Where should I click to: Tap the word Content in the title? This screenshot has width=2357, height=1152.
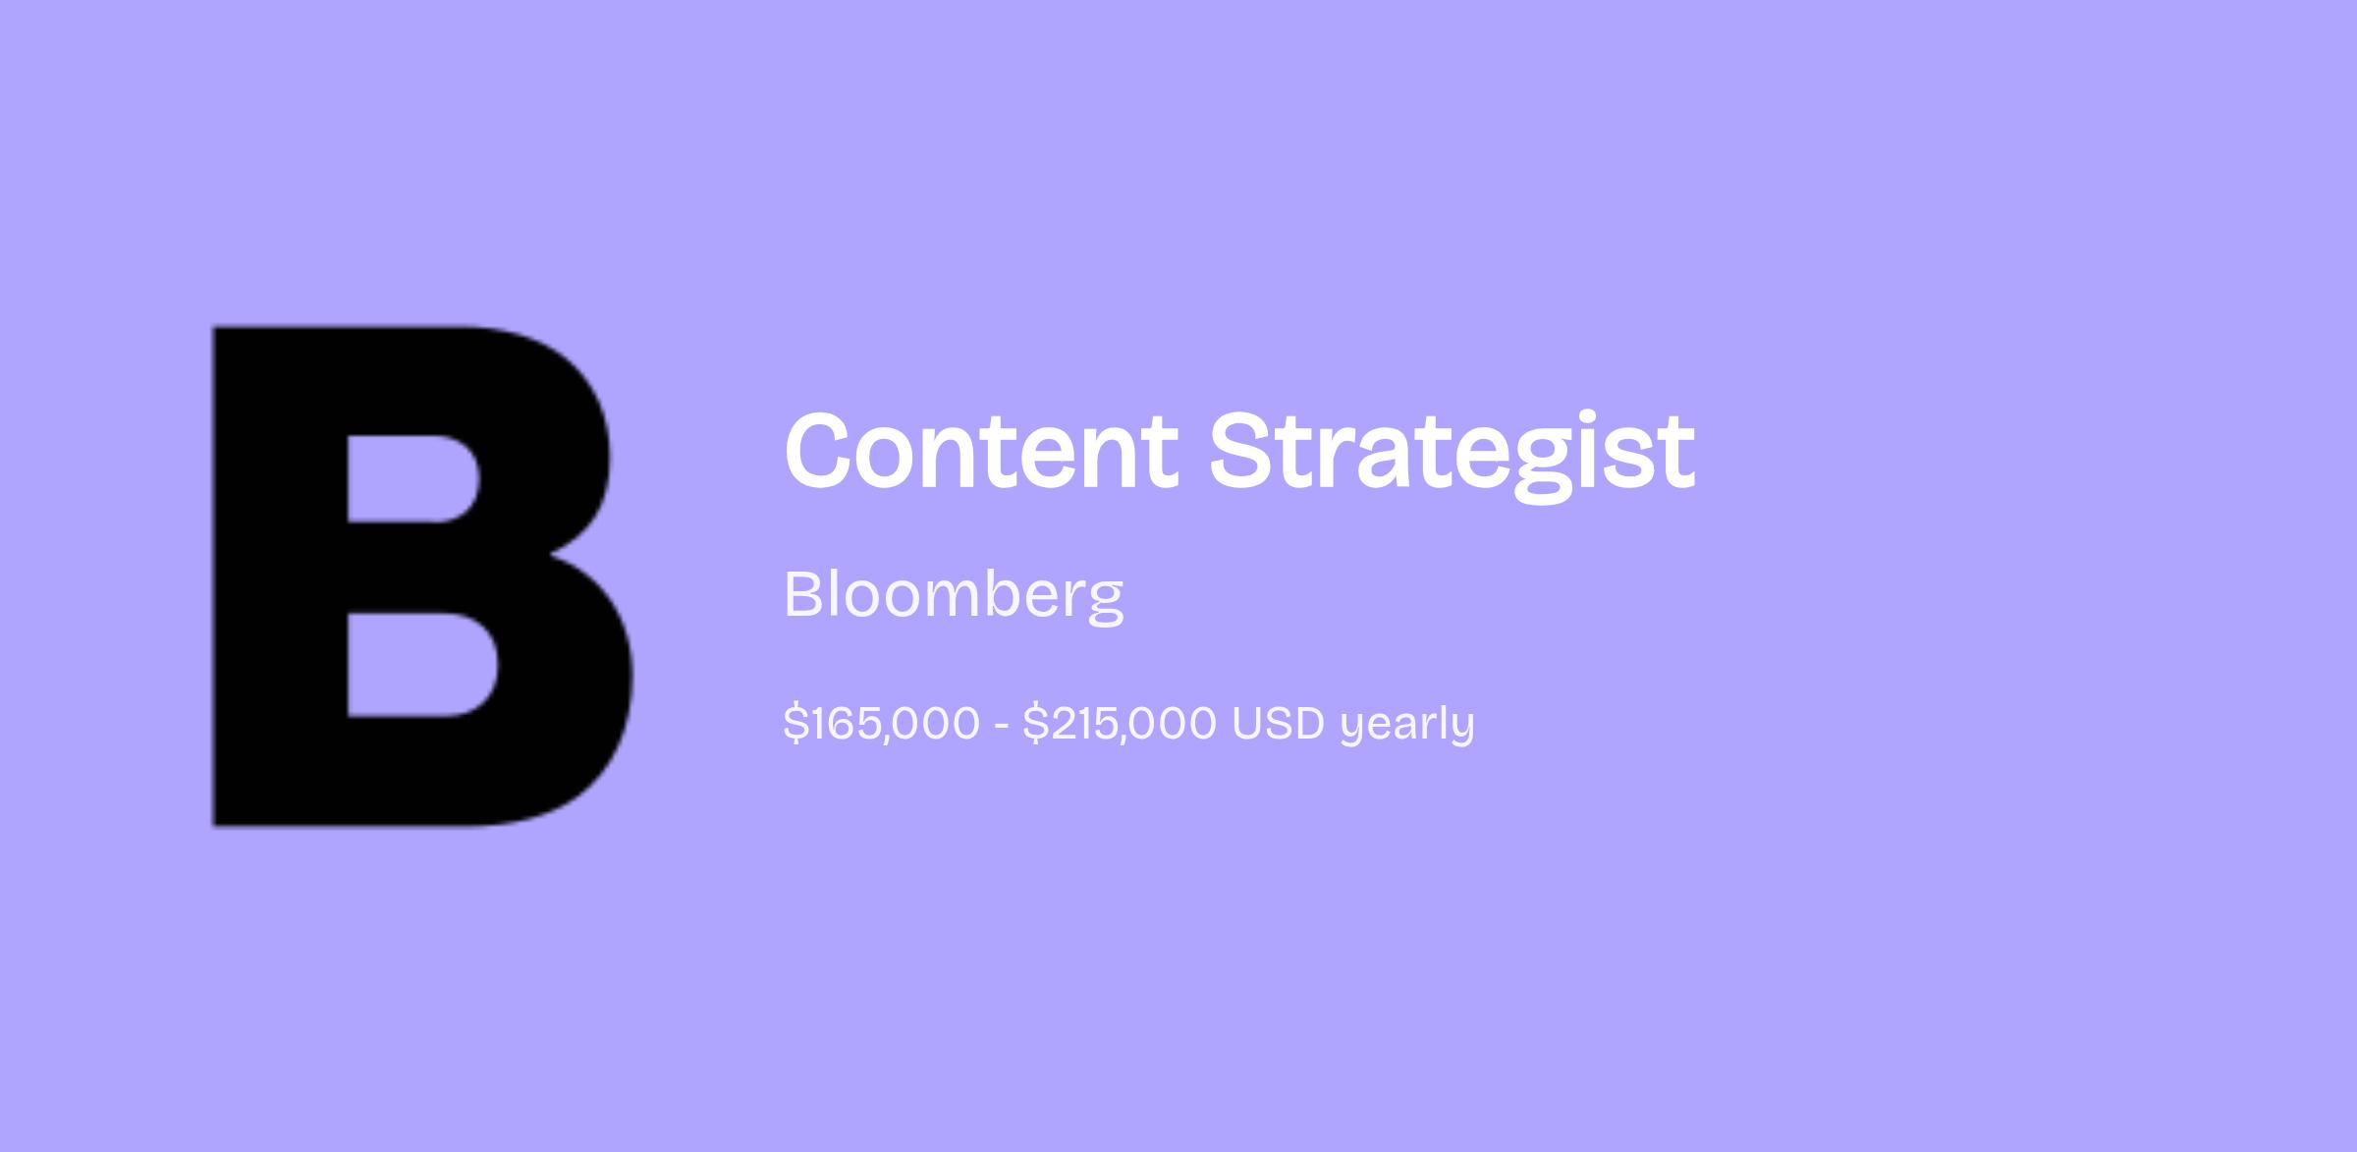[x=981, y=451]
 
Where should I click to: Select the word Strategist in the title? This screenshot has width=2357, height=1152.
[x=1452, y=455]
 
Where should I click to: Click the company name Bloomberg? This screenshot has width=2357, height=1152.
[x=954, y=595]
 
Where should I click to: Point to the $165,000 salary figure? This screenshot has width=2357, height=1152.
[x=882, y=724]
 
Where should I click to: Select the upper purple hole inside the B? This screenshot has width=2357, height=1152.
[x=412, y=478]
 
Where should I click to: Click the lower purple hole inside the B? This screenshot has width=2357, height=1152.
[x=421, y=665]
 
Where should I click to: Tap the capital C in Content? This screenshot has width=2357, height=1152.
[x=824, y=451]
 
